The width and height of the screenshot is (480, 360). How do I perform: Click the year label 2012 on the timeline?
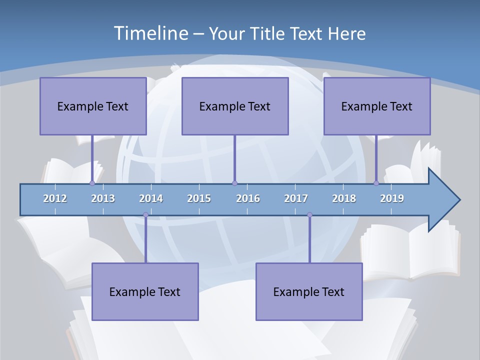tap(55, 198)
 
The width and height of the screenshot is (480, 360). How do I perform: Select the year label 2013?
tap(103, 198)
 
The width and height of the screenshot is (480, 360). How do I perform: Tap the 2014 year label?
tap(151, 198)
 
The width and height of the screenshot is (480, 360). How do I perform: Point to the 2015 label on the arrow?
tap(199, 198)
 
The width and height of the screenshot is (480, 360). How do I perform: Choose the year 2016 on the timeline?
tap(248, 198)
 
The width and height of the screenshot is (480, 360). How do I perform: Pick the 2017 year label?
tap(296, 198)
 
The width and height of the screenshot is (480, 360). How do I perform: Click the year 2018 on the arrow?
tap(344, 198)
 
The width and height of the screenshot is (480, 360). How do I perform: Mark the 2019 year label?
tap(392, 198)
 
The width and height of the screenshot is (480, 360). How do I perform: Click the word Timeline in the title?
tap(150, 33)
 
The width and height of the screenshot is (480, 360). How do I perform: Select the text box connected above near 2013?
tap(93, 106)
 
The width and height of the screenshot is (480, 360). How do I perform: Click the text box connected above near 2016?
tap(235, 106)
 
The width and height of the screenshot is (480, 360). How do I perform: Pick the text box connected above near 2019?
tap(377, 106)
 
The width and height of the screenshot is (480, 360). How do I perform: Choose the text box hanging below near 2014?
tap(145, 291)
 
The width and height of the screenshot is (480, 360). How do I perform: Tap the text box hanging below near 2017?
tap(309, 291)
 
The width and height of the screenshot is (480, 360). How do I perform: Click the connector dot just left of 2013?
tap(92, 183)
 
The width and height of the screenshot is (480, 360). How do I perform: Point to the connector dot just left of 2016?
tap(234, 183)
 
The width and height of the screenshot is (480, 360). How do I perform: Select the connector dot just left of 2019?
tap(376, 183)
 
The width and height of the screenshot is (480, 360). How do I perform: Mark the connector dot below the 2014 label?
tap(145, 215)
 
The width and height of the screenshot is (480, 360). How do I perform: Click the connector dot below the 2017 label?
tap(309, 215)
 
